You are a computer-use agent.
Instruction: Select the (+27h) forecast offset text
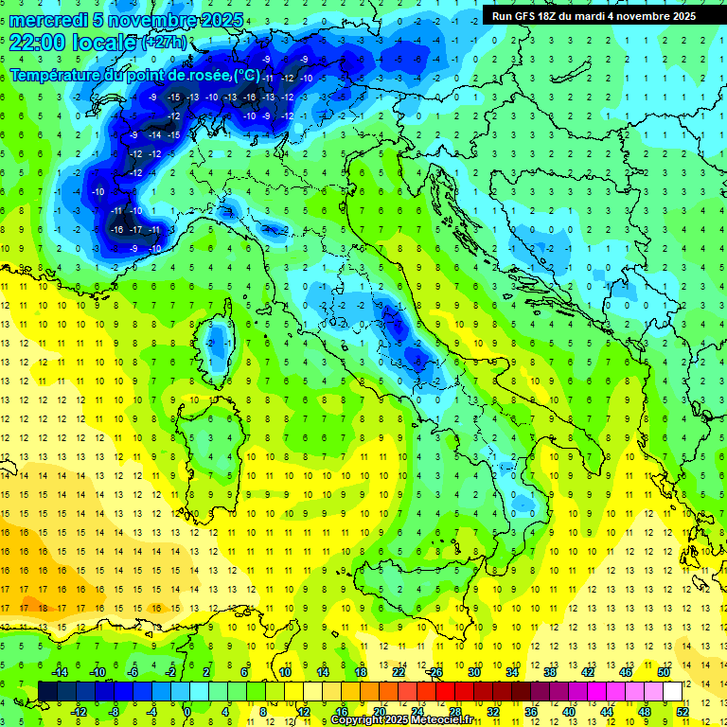point(165,44)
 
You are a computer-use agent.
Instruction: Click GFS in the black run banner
point(526,16)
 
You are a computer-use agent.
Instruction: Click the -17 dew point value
point(136,230)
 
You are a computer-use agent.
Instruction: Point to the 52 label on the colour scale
point(683,711)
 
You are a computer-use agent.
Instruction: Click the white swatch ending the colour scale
point(673,691)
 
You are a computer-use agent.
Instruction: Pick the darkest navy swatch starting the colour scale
point(47,691)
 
